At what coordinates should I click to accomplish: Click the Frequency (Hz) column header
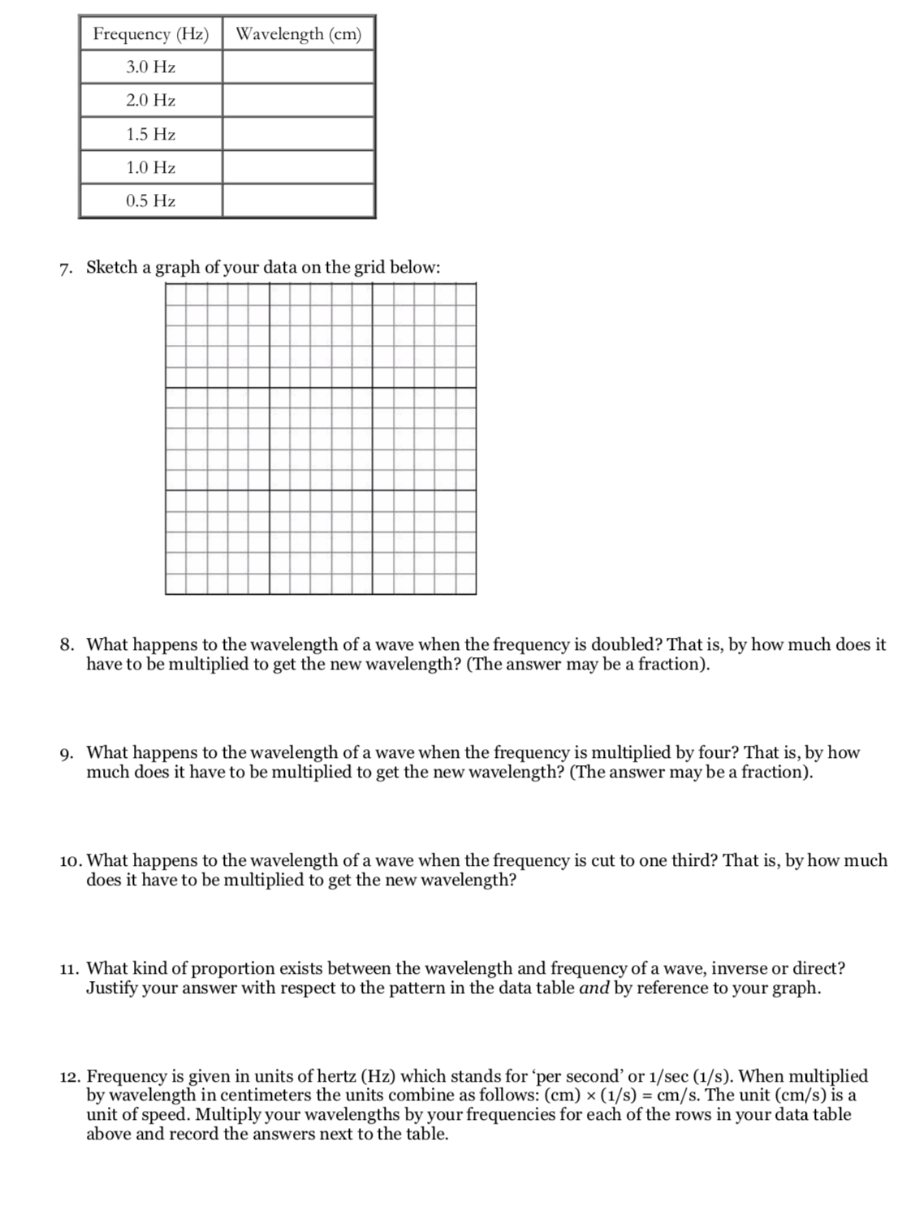click(x=150, y=34)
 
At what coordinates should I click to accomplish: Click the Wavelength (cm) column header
click(x=298, y=34)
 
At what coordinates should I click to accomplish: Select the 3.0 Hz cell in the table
click(x=150, y=67)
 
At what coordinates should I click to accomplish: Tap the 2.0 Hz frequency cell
click(x=150, y=101)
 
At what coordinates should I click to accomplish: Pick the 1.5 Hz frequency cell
click(x=150, y=134)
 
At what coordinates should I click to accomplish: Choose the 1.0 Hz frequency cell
click(x=150, y=167)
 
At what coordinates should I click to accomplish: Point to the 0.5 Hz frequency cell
click(x=150, y=200)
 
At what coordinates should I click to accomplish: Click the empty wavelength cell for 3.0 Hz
click(x=298, y=67)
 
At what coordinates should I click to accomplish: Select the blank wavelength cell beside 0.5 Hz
click(x=298, y=200)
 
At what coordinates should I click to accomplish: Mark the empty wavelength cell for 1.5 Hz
click(x=298, y=134)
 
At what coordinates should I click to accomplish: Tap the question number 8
click(x=67, y=645)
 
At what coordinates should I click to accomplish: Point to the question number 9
click(x=67, y=753)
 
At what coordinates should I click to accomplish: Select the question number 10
click(x=71, y=861)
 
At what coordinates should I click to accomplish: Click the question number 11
click(x=70, y=969)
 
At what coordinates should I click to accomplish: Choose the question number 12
click(x=71, y=1077)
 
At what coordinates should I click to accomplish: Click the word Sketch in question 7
click(x=112, y=268)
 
